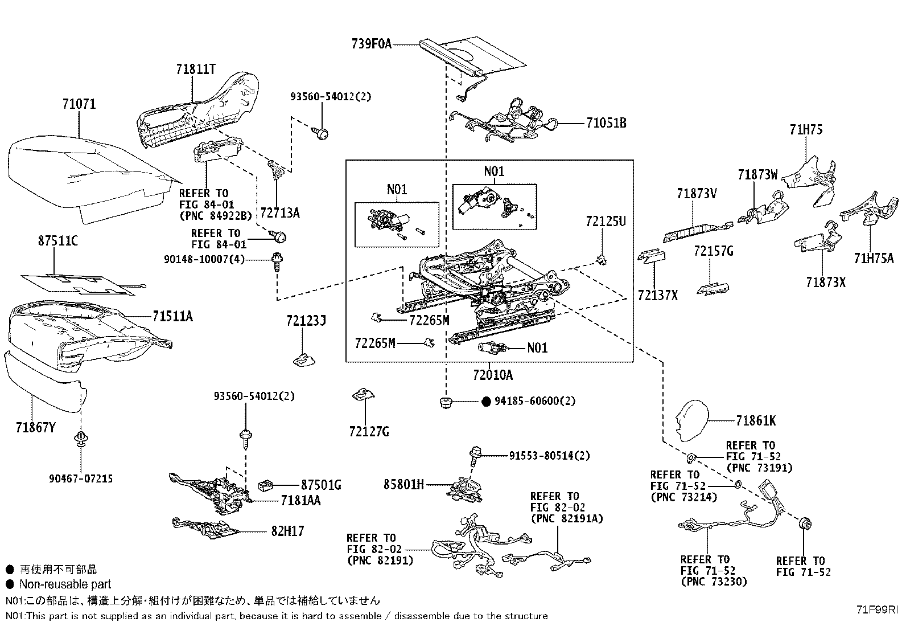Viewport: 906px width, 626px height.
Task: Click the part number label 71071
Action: pos(79,104)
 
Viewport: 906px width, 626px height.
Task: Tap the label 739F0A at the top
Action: pos(372,44)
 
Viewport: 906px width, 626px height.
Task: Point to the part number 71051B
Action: pos(606,123)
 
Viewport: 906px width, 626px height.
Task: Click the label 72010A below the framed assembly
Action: pos(492,375)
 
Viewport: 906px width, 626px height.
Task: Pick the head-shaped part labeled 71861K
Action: pos(692,420)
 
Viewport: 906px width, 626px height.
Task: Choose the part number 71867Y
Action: pos(35,427)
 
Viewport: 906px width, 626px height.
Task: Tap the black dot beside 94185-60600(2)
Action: pos(485,401)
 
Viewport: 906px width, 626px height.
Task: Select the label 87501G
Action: pos(321,485)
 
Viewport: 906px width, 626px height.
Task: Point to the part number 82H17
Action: pos(287,531)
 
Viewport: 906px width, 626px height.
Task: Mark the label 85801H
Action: pos(403,485)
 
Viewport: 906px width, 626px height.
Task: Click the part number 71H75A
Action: pos(874,259)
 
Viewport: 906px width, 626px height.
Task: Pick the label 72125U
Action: pos(606,222)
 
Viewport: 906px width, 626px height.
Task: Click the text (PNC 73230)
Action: pos(714,582)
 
